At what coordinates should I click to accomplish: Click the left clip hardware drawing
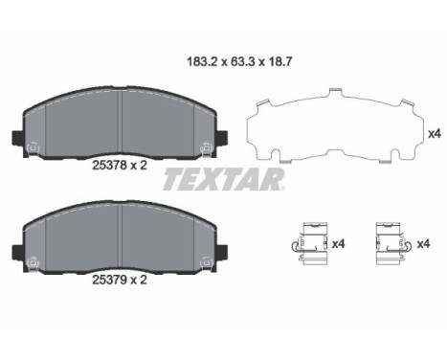click(x=307, y=244)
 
